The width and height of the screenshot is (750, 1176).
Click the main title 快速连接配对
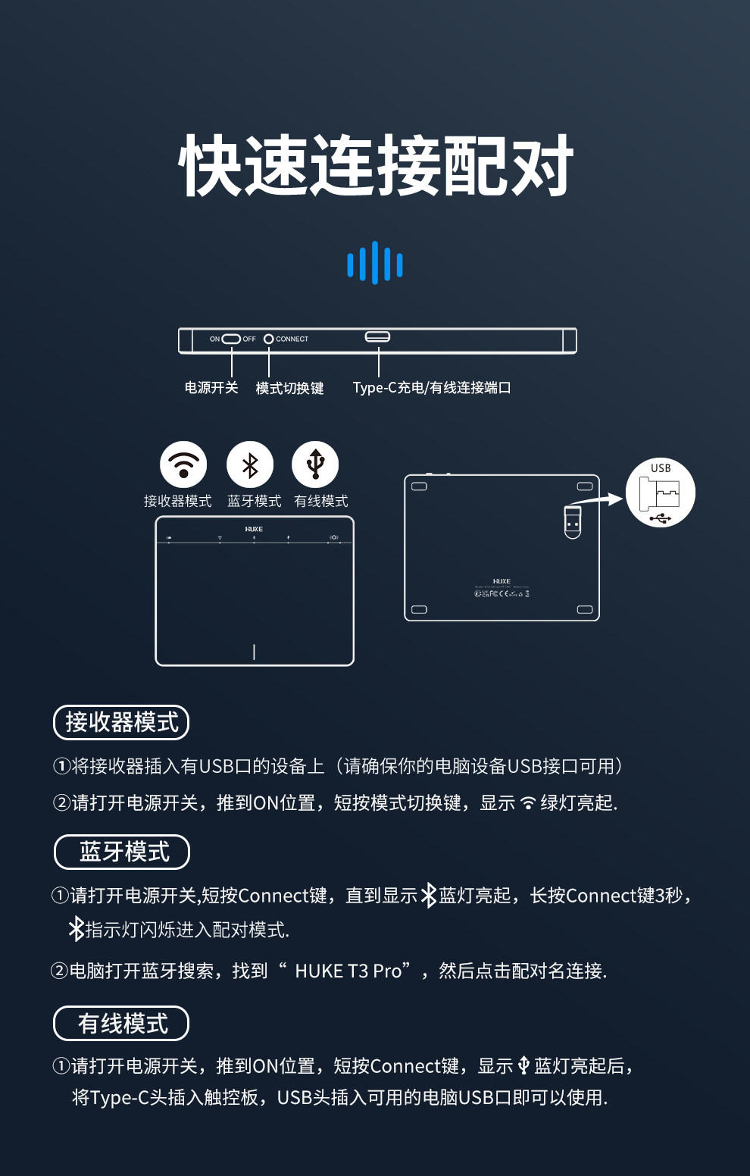(x=376, y=166)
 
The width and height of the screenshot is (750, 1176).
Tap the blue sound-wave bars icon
(x=375, y=264)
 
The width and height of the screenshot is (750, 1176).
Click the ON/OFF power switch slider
(x=231, y=339)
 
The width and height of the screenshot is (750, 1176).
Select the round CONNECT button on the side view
(x=268, y=339)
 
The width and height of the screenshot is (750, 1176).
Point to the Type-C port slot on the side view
(x=377, y=336)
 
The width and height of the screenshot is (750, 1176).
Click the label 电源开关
(x=211, y=388)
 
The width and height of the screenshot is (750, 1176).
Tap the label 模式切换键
(x=289, y=388)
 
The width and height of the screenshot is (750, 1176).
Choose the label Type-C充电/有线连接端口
(x=432, y=388)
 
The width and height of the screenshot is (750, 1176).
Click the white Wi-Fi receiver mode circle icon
(x=183, y=464)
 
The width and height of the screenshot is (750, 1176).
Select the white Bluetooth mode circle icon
(x=250, y=464)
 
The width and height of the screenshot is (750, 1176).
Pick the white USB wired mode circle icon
(x=315, y=464)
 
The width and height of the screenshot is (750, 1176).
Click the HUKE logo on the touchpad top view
(x=254, y=529)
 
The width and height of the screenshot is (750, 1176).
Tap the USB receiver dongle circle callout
(x=661, y=493)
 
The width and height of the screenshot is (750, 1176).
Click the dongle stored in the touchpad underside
(x=573, y=521)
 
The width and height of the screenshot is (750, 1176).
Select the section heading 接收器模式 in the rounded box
(x=121, y=722)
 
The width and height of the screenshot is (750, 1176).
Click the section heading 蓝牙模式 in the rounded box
(x=122, y=852)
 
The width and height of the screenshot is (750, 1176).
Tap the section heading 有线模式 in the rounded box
(x=121, y=1024)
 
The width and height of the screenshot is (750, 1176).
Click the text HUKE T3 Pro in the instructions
(x=348, y=971)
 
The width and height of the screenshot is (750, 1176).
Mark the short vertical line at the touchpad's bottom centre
(x=254, y=652)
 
